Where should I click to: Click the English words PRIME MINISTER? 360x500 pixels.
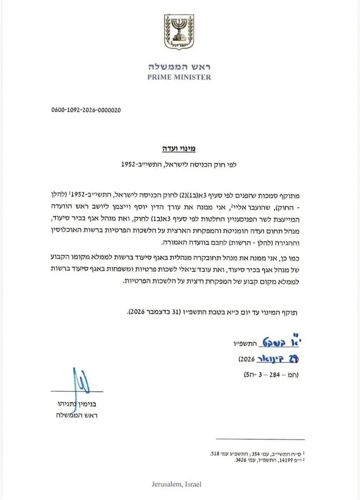coord(180,77)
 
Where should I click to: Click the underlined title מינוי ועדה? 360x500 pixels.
coord(179,147)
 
